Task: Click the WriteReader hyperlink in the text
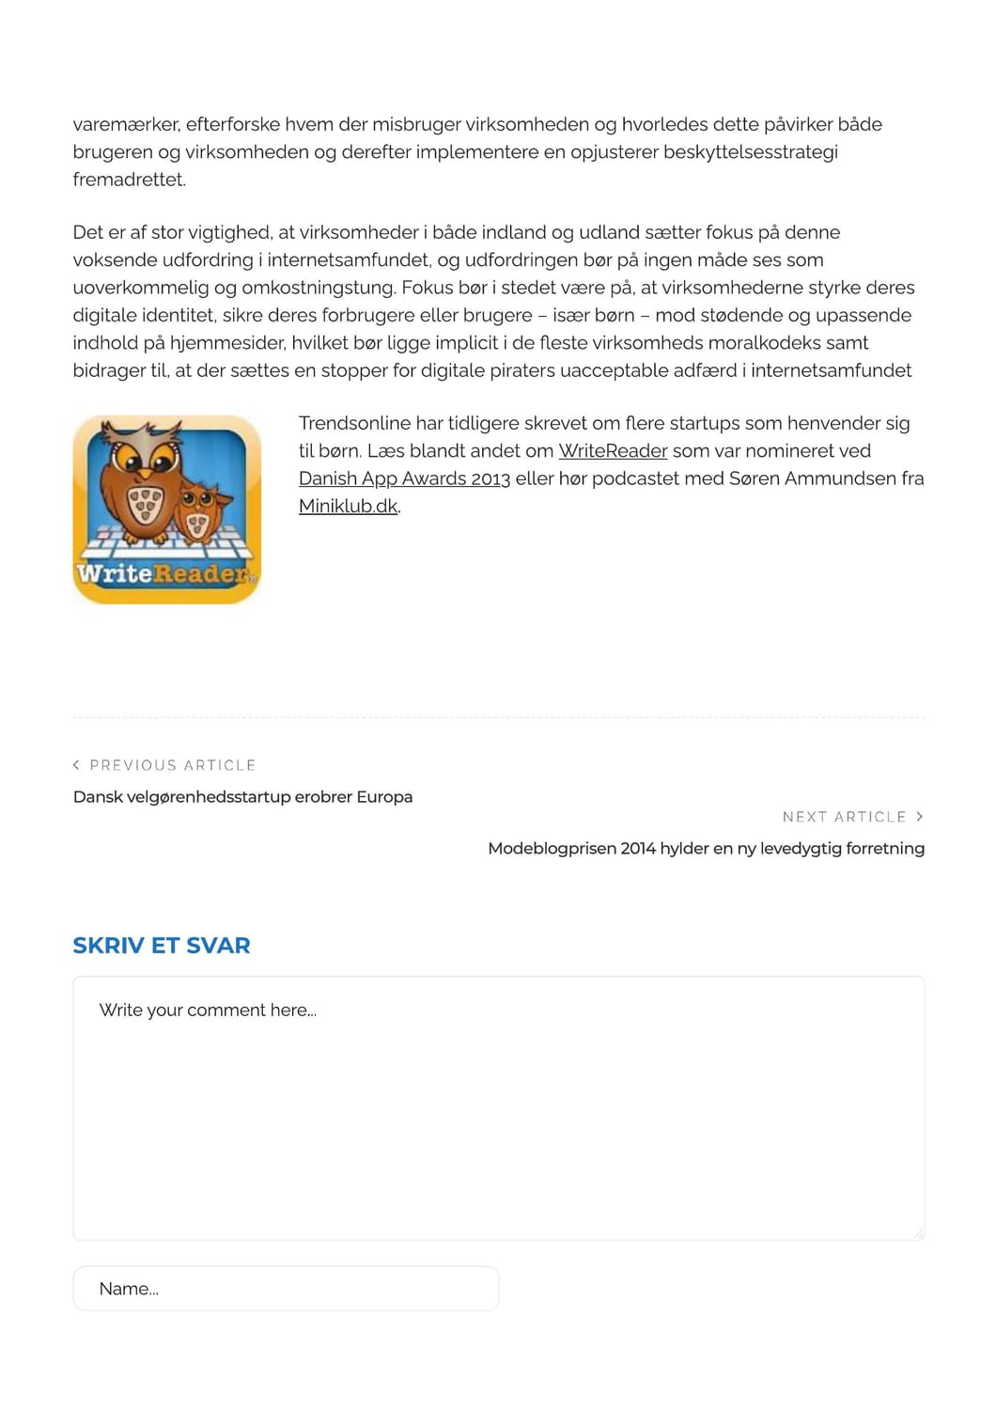click(x=613, y=451)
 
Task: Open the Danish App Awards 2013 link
click(x=404, y=478)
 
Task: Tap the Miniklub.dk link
click(x=348, y=506)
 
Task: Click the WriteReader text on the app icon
click(x=164, y=572)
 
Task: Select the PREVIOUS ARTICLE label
click(x=173, y=765)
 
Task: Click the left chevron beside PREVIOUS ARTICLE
click(x=76, y=765)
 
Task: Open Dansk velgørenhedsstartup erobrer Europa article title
click(x=242, y=797)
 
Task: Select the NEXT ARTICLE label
click(x=844, y=817)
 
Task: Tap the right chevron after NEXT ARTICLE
click(x=919, y=817)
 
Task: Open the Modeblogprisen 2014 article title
click(x=706, y=849)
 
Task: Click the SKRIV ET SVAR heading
click(x=162, y=946)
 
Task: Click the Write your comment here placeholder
click(x=208, y=1010)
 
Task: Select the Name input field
click(x=286, y=1289)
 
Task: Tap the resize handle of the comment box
click(x=918, y=1233)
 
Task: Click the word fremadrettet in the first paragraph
click(x=128, y=180)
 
